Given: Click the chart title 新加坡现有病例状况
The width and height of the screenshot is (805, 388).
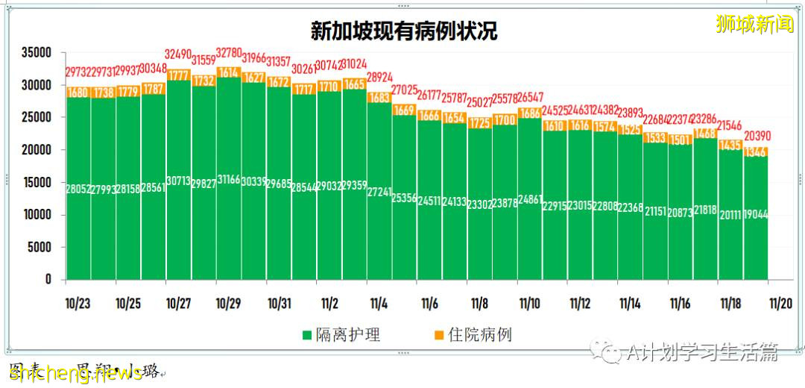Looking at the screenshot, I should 403,31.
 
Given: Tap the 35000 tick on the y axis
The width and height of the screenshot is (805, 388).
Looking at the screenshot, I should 36,53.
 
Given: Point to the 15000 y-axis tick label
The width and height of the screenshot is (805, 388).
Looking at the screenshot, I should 36,183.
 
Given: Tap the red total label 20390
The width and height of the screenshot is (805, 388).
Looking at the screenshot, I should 756,135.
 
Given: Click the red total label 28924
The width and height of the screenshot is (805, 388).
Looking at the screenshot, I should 379,77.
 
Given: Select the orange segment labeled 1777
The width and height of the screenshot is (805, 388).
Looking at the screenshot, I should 179,75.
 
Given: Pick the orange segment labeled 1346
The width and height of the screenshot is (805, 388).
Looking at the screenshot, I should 756,152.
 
